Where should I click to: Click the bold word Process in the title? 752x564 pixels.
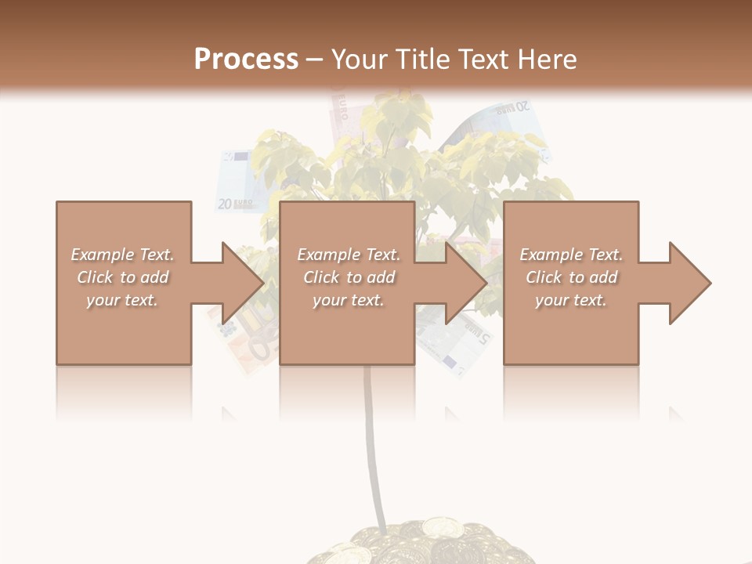coord(246,59)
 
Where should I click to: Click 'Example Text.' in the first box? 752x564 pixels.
coord(122,255)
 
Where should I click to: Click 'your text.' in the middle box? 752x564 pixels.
coord(348,300)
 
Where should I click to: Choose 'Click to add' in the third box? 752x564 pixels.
coord(572,277)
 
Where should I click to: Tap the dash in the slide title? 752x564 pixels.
coord(315,60)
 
